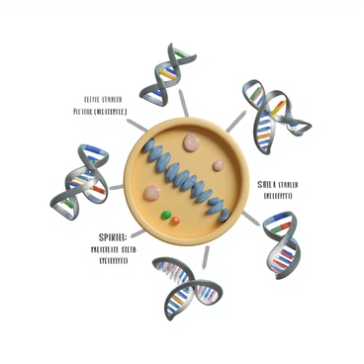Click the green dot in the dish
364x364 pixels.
point(165,213)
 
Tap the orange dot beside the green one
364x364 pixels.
point(176,221)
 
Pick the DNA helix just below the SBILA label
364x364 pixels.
point(280,244)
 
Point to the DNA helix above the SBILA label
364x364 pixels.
point(274,107)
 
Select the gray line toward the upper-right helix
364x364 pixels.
point(236,124)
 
